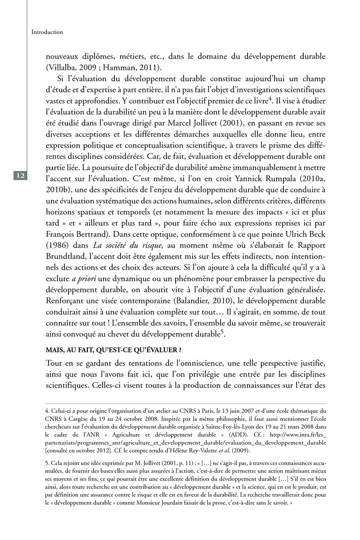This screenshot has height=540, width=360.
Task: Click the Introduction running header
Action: (47, 32)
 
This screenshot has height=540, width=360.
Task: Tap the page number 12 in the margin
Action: (21, 175)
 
